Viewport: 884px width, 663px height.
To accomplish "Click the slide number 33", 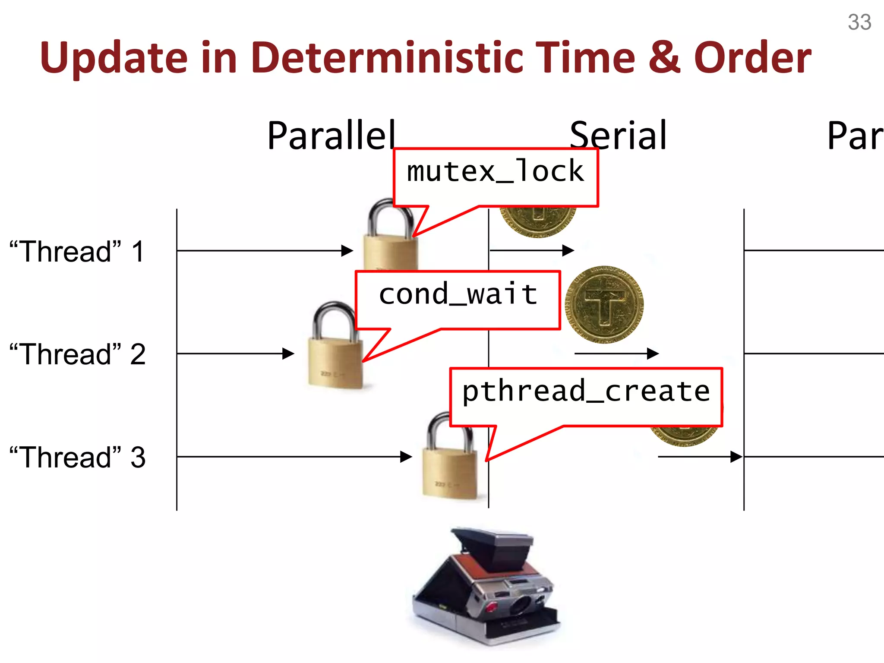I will tap(859, 22).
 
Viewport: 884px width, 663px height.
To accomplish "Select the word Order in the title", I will tap(752, 57).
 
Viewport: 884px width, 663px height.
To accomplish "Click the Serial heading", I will tap(618, 136).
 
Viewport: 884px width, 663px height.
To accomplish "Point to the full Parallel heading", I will tap(331, 136).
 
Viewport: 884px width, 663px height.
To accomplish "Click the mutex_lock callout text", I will tap(496, 171).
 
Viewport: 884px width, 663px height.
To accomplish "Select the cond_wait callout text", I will tap(458, 294).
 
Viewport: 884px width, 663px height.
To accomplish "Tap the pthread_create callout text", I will tap(586, 391).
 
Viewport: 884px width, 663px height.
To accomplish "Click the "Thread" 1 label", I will tap(77, 251).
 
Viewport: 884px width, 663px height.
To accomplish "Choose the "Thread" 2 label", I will tap(78, 354).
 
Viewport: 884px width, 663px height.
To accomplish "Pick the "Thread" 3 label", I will tap(78, 457).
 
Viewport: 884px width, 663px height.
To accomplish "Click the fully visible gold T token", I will tap(604, 304).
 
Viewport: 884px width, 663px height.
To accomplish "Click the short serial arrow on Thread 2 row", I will tap(616, 354).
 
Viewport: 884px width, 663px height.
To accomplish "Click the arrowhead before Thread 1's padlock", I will tap(347, 251).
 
